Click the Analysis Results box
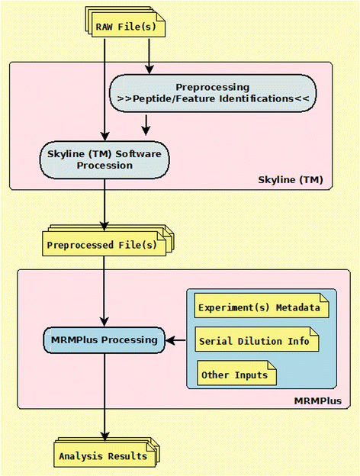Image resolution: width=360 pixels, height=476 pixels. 103,455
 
